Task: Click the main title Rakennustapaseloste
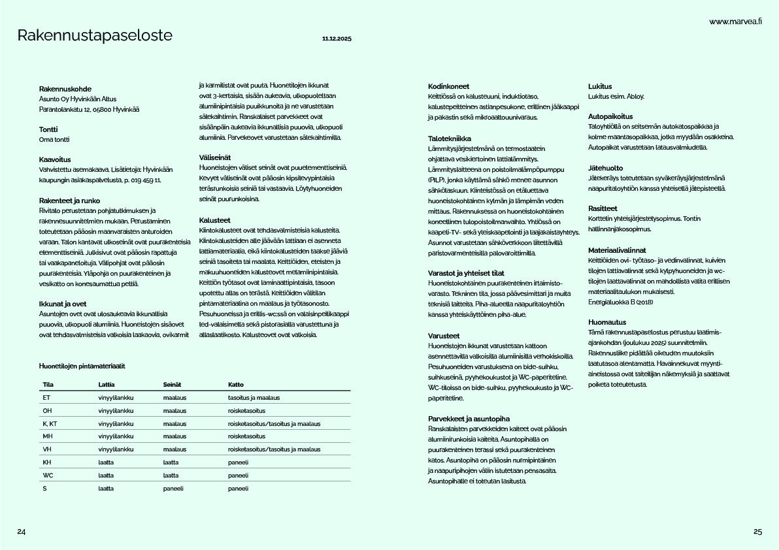95,36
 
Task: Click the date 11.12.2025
337,39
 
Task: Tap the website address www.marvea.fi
736,22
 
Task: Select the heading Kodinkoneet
448,86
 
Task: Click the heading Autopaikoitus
610,116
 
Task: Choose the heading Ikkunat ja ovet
63,304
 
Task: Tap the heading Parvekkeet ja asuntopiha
469,419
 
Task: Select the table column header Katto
235,384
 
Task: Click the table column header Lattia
107,384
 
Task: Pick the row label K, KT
50,424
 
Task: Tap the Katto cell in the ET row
254,398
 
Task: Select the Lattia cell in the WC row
106,476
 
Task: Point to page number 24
22,532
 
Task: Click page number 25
757,532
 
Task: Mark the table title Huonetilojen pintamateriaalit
82,366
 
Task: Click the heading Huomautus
607,322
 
